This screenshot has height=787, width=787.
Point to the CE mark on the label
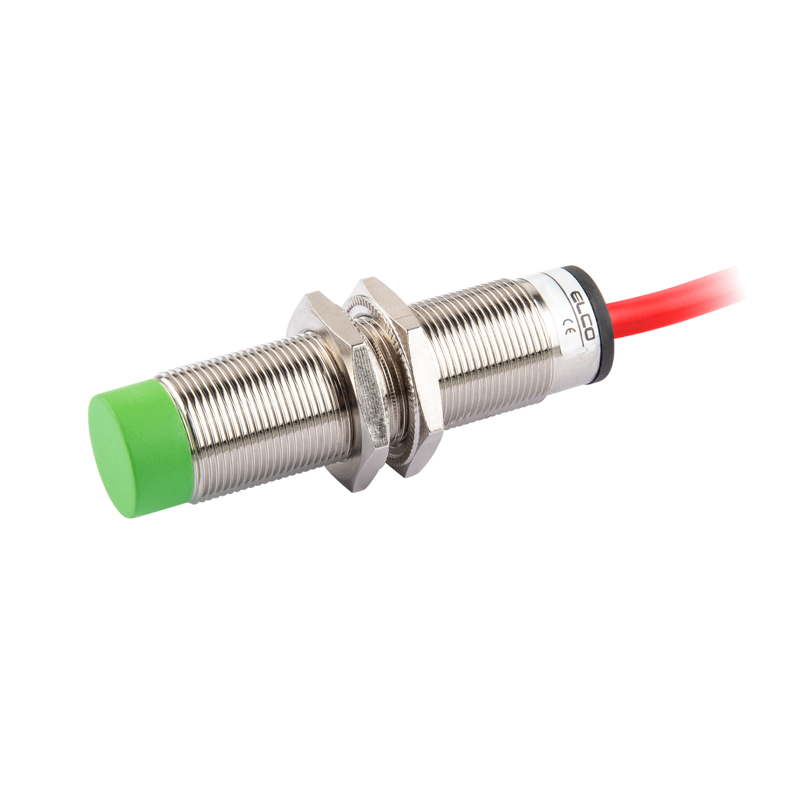tap(567, 327)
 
